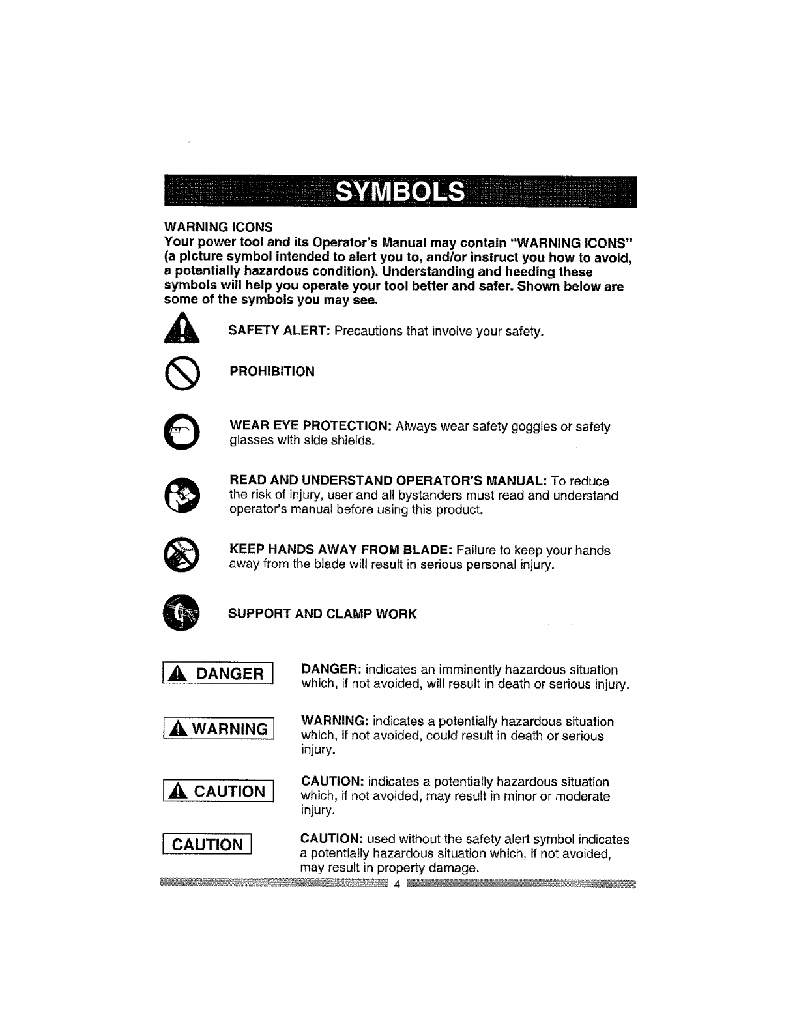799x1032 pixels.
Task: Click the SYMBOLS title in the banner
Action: pyautogui.click(x=400, y=192)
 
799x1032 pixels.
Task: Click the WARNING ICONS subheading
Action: pyautogui.click(x=218, y=227)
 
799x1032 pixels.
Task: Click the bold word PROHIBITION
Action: pyautogui.click(x=272, y=371)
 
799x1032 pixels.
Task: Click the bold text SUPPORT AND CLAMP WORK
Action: pyautogui.click(x=322, y=614)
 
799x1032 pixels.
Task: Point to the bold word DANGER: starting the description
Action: pyautogui.click(x=330, y=670)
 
